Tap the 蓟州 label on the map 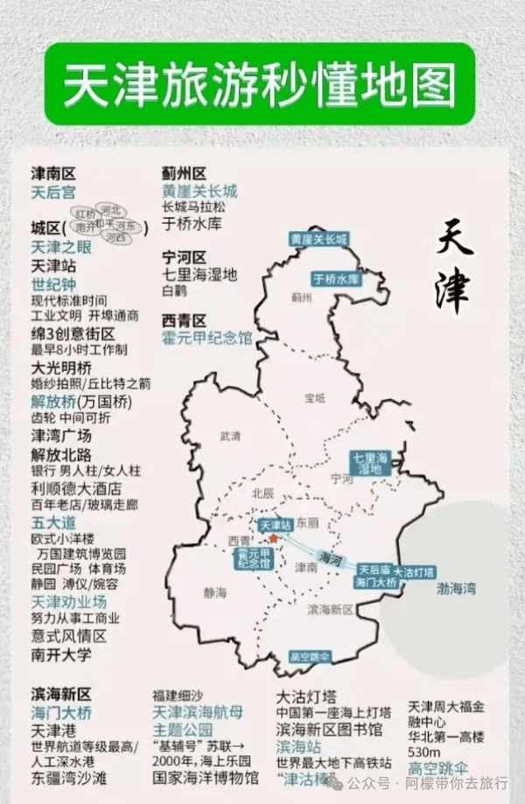[302, 297]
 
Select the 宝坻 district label [314, 398]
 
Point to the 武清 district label [230, 435]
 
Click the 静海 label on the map [214, 592]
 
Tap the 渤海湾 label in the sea [456, 590]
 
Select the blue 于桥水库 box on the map [336, 280]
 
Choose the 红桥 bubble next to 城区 [85, 213]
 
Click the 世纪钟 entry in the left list [53, 284]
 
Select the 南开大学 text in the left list [60, 654]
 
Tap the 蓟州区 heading [184, 173]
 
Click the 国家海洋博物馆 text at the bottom [206, 777]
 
